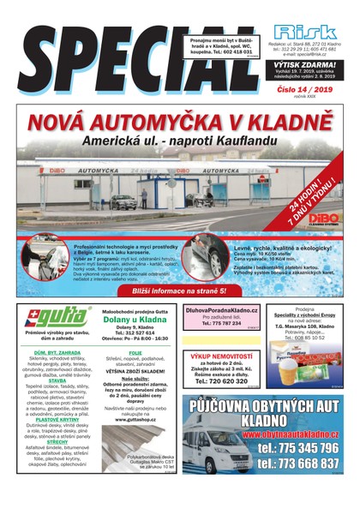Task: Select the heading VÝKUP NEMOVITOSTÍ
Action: [221, 355]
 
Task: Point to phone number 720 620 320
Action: [221, 381]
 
